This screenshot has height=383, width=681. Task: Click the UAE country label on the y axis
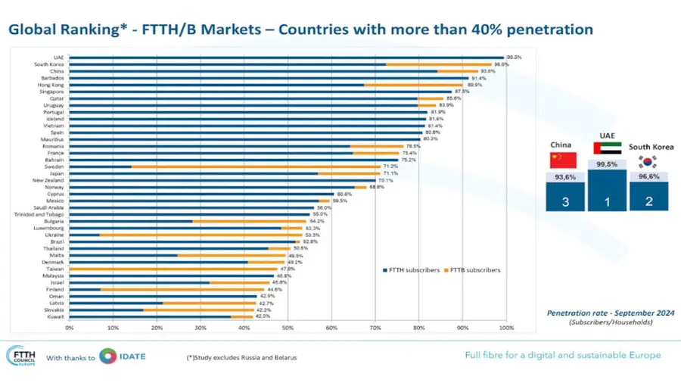(58, 57)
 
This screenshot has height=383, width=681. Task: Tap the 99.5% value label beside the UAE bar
(515, 57)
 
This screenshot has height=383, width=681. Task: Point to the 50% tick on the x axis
(288, 328)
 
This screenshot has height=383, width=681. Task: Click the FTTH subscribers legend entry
(412, 269)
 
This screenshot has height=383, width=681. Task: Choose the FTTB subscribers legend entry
(473, 269)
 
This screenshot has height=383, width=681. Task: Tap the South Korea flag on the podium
(648, 161)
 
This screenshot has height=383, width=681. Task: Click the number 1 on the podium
(606, 201)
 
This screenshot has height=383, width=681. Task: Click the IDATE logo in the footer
(123, 357)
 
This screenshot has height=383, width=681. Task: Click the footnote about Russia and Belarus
(241, 357)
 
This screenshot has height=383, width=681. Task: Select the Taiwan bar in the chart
(173, 269)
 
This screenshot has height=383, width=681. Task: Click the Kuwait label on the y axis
(55, 316)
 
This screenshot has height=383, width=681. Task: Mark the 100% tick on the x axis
(506, 328)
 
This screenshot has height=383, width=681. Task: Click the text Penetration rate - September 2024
(610, 312)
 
